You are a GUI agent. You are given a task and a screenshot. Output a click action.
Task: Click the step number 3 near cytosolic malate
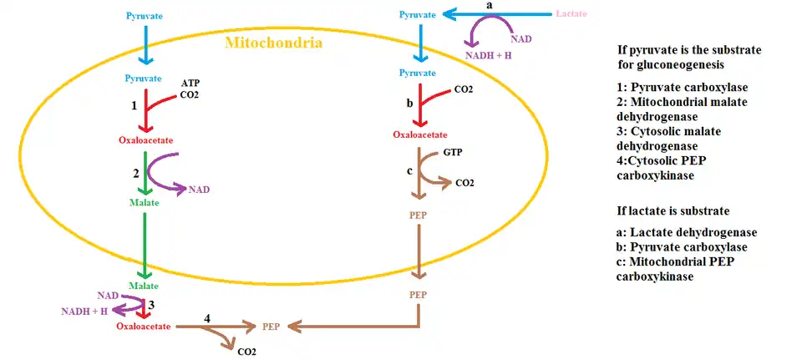coord(151,304)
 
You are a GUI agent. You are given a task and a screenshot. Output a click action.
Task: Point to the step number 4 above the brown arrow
coord(207,317)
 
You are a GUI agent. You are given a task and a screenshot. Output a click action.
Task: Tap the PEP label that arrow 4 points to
coord(272,327)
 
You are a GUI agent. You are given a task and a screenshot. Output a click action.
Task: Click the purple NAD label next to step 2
coord(200,190)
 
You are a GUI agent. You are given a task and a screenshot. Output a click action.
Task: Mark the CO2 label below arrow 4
coord(246,352)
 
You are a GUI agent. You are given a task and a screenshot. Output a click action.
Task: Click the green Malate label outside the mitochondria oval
coord(144,286)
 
